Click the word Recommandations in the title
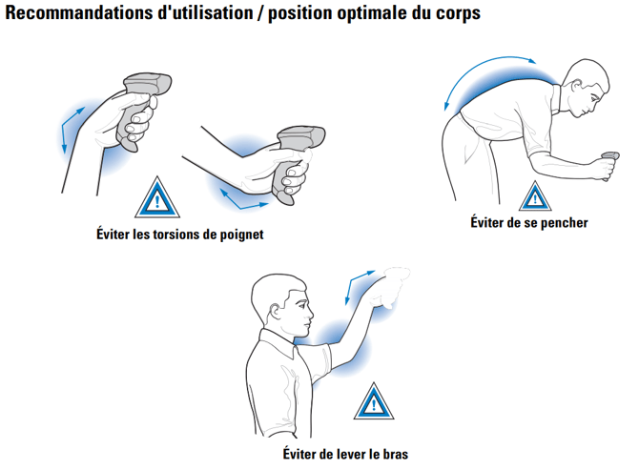click(x=80, y=12)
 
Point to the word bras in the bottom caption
click(x=395, y=454)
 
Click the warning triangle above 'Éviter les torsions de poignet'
click(x=157, y=197)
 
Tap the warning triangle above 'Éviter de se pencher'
click(x=535, y=196)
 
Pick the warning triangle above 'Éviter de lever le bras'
click(x=374, y=401)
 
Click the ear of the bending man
click(x=576, y=86)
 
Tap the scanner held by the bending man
click(x=609, y=162)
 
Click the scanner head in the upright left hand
click(x=149, y=84)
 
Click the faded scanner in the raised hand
click(x=389, y=287)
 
